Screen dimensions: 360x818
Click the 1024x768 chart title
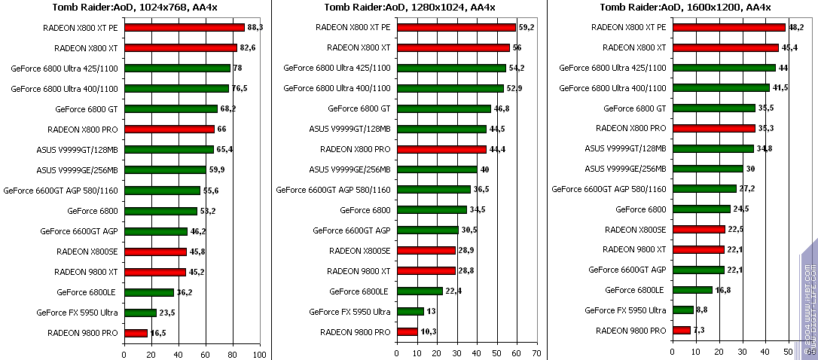(x=136, y=8)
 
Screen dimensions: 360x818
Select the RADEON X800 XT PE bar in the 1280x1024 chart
(x=456, y=27)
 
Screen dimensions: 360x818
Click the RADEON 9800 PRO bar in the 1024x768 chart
(x=136, y=332)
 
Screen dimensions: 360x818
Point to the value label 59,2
(x=527, y=27)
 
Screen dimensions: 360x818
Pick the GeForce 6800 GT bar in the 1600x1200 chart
(x=713, y=108)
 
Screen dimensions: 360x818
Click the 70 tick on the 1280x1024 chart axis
(x=536, y=352)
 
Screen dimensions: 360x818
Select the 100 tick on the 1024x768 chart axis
(x=259, y=352)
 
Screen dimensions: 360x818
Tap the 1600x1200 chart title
(x=685, y=8)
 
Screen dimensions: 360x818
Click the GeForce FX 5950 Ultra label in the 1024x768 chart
(x=77, y=312)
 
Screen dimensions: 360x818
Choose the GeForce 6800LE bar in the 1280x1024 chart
(x=419, y=291)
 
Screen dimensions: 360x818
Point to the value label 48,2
(x=796, y=27)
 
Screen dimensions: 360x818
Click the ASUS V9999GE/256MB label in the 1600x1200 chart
(x=625, y=169)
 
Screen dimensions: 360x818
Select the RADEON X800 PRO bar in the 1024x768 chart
(x=169, y=129)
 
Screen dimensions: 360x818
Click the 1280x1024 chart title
(x=410, y=8)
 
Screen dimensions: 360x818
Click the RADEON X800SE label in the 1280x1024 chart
(x=360, y=250)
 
